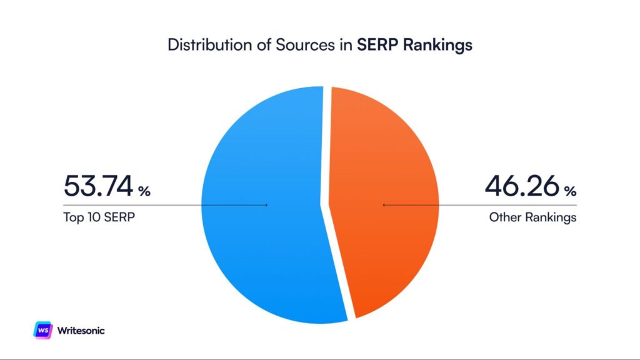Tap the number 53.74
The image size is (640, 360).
coord(98,187)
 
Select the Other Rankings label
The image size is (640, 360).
coord(532,218)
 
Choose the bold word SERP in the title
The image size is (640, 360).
coord(377,46)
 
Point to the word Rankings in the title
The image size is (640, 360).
coord(437,46)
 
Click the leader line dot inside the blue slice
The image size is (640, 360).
coord(267,204)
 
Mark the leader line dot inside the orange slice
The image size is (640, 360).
coord(383,204)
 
